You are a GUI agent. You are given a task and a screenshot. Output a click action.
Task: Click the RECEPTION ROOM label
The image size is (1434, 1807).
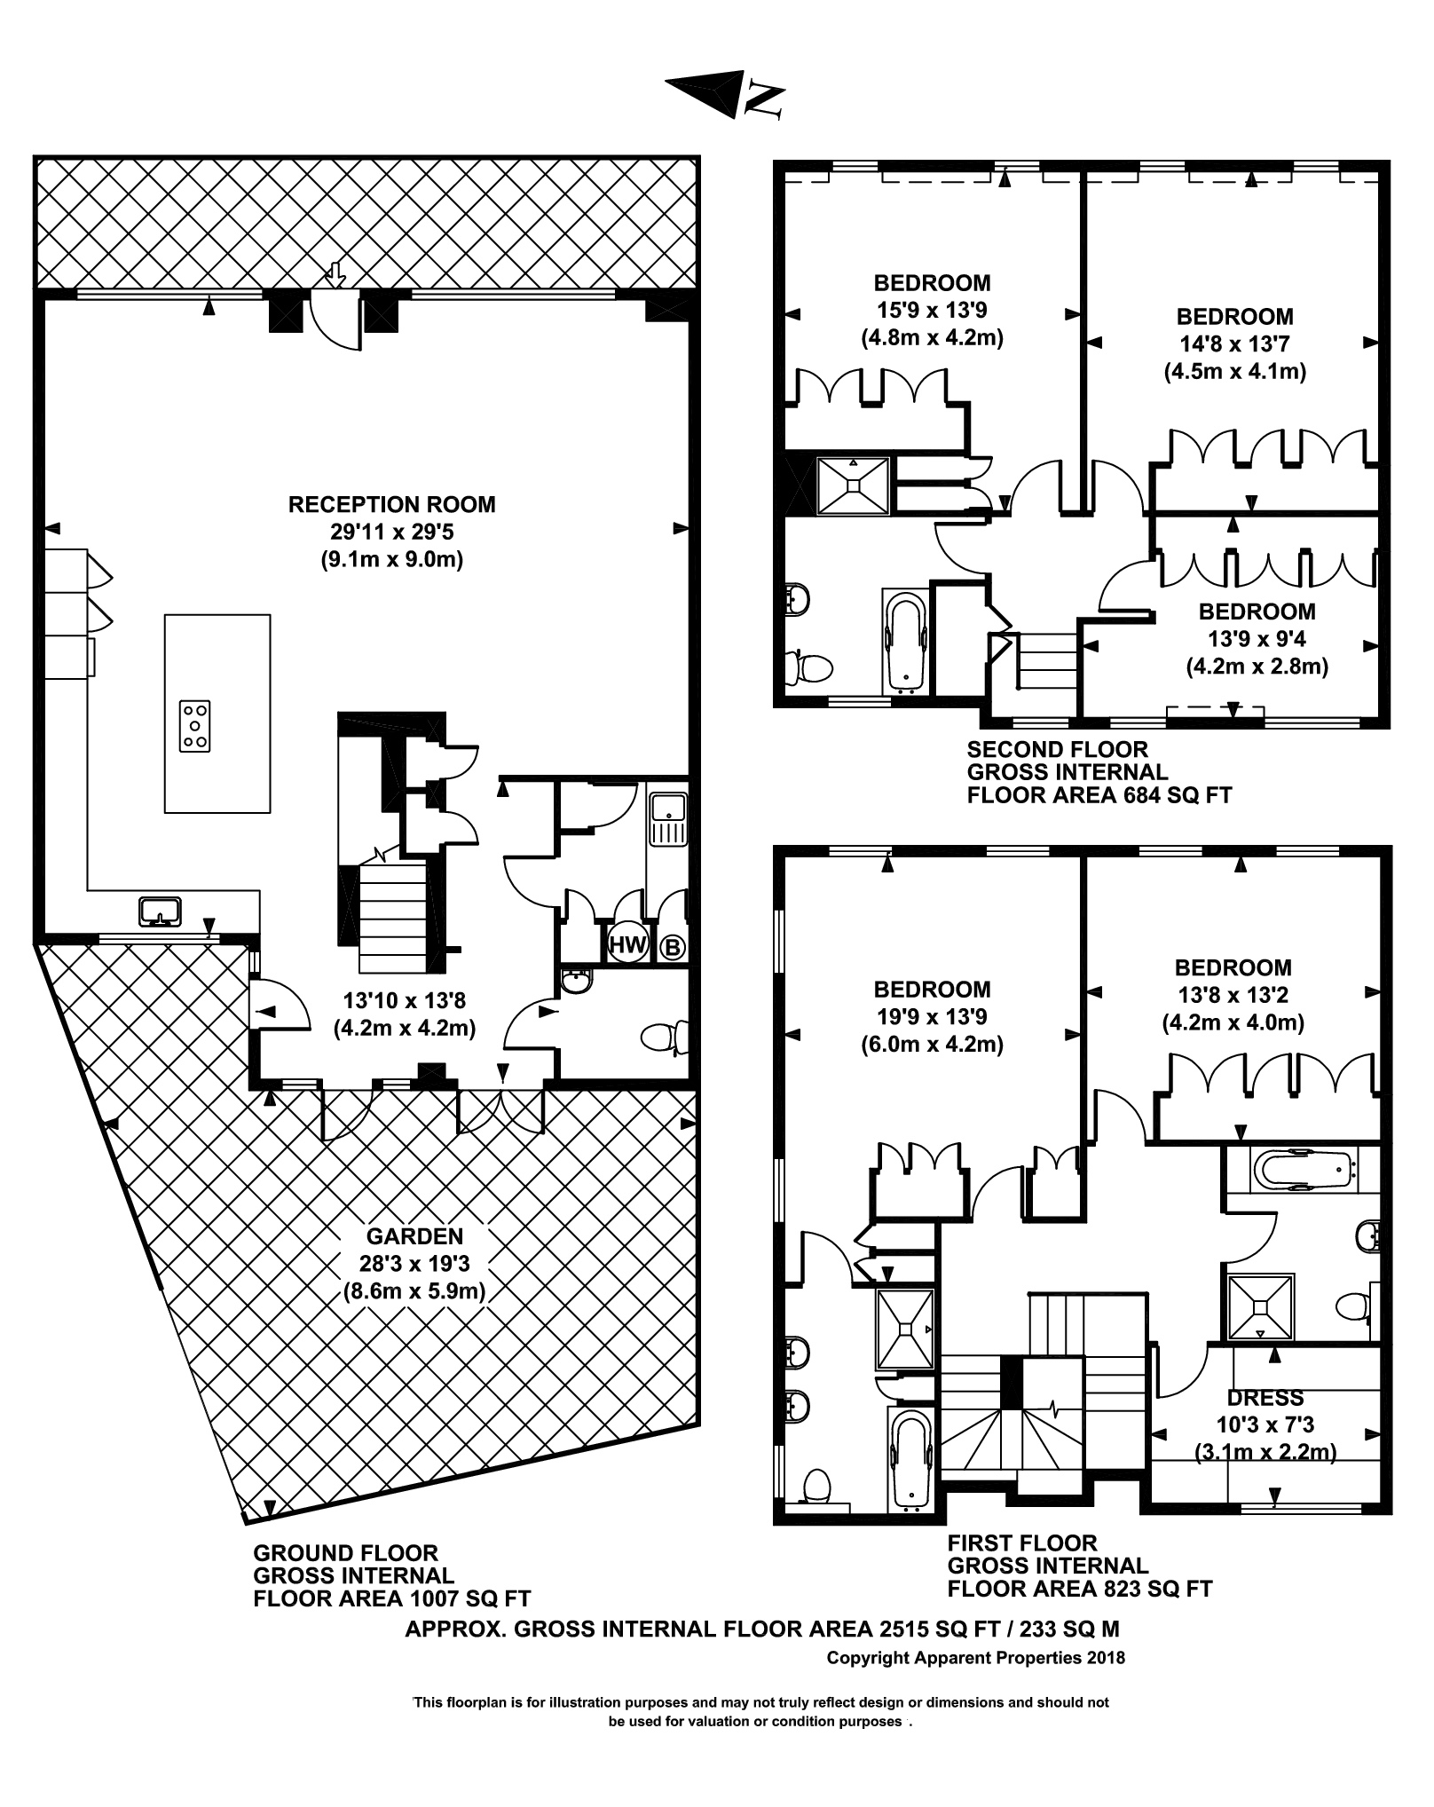391,505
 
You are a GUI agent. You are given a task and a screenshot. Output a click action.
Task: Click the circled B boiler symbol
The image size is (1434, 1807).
673,948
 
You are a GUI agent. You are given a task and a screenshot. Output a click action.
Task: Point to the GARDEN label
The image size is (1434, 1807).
414,1235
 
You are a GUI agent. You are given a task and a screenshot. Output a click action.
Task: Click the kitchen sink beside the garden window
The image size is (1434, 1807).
161,911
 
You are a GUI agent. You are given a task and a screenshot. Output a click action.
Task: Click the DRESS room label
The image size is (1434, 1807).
1265,1398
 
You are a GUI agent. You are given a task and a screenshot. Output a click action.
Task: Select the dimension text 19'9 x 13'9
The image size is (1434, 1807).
931,1016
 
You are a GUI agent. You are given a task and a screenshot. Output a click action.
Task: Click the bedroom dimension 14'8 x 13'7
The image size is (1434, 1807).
1234,344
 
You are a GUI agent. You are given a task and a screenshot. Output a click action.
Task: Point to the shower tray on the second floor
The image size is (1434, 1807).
853,485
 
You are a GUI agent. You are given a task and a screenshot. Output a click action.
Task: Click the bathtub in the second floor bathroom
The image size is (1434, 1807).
906,639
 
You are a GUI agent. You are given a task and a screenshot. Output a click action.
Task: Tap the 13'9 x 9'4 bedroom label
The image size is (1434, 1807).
1257,639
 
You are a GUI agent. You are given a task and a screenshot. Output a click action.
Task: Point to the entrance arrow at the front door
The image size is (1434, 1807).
335,275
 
